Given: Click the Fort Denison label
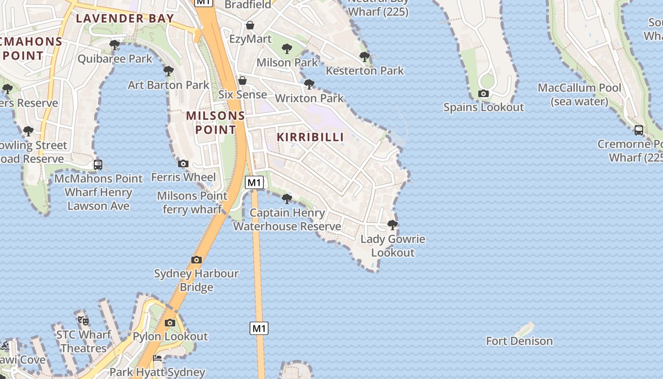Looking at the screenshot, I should point(519,341).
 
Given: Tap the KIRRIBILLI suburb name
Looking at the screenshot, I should point(310,137).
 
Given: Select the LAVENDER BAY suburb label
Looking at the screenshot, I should point(125,18).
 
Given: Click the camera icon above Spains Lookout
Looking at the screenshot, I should point(484,93).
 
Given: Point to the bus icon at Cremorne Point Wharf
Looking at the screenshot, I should point(638,130).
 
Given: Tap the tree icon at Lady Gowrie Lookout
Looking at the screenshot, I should point(392,225).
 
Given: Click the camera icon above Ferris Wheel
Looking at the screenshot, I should point(183,163).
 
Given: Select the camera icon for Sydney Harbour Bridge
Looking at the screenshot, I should point(197,260).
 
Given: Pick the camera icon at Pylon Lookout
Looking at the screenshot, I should point(170,323).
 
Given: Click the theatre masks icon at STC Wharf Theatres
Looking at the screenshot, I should point(83,321).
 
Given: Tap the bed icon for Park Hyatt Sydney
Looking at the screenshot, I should point(157,358).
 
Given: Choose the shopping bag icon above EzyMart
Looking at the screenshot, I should point(250,25).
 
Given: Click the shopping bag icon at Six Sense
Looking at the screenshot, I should point(242,81).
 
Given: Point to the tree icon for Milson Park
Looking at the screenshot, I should point(287,48).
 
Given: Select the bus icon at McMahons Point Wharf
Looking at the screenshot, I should point(98,165).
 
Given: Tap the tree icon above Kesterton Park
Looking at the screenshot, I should point(364,57).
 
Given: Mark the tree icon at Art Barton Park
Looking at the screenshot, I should point(168,71).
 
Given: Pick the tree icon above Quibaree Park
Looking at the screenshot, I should point(114,45).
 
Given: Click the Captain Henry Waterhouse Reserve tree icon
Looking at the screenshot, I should point(287,199).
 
